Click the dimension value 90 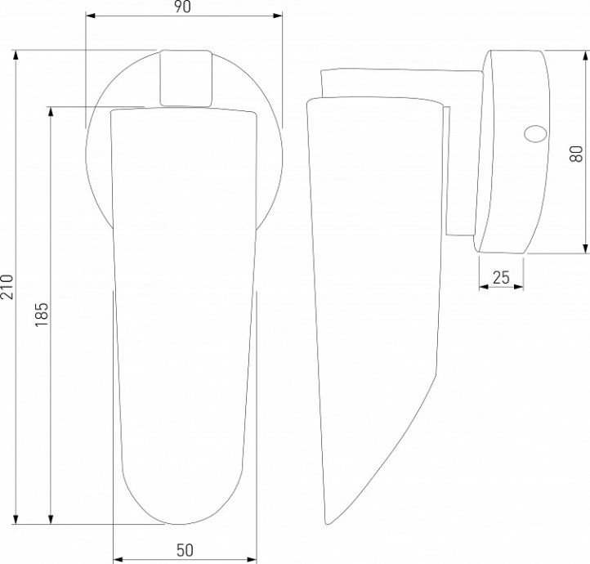(182, 7)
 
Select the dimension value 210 (7, 287)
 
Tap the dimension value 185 (42, 314)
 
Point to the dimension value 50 (185, 550)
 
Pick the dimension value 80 (576, 154)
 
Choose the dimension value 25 (501, 278)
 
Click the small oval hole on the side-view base (535, 134)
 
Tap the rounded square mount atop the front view (185, 78)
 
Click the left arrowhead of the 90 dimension (91, 16)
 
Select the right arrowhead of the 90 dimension (278, 16)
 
